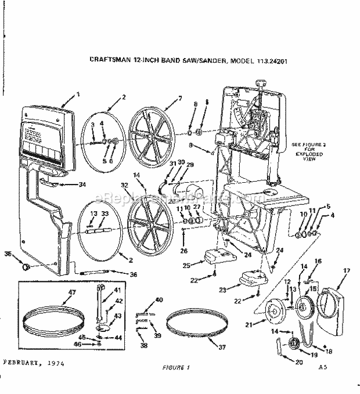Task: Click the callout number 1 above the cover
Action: [x=78, y=95]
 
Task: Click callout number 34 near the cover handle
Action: [x=82, y=185]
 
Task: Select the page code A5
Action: [x=323, y=367]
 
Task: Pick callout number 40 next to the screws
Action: [x=159, y=299]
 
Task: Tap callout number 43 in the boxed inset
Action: [x=117, y=316]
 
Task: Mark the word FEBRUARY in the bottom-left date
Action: [x=22, y=363]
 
